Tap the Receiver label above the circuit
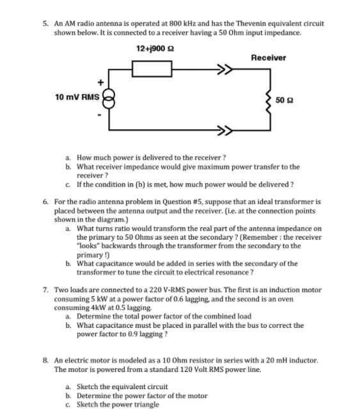[x=269, y=57]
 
